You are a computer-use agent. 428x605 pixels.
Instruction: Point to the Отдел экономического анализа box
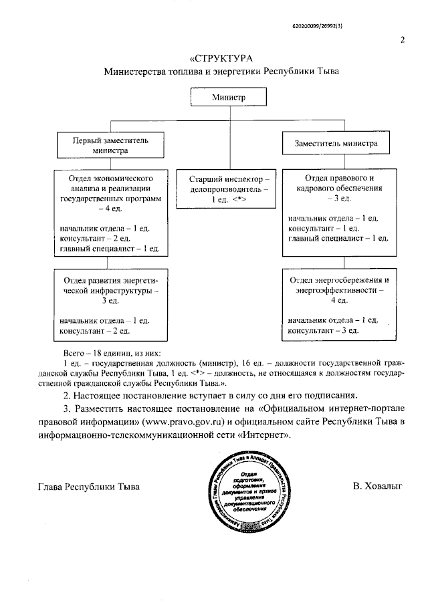click(x=110, y=213)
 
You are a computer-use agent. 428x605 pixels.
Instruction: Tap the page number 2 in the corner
click(x=403, y=39)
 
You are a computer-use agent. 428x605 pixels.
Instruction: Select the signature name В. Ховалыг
click(x=378, y=486)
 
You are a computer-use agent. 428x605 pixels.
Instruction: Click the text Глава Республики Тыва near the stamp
click(x=88, y=487)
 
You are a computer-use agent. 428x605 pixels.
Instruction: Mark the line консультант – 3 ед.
click(x=324, y=330)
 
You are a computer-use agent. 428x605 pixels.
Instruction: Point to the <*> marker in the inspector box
click(x=241, y=199)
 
